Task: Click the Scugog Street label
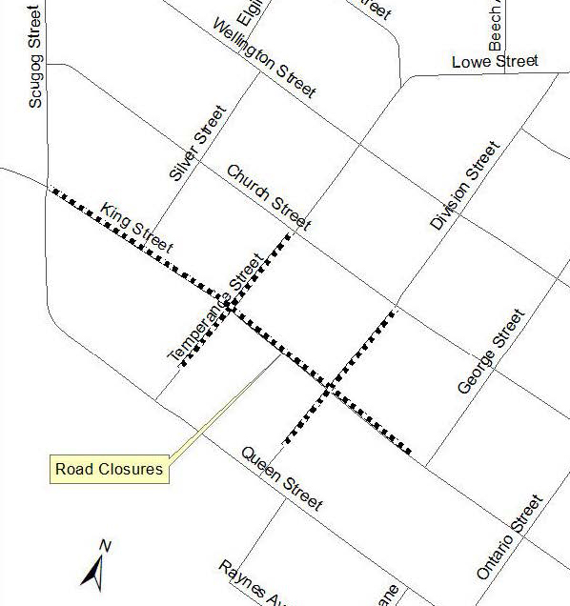coord(34,54)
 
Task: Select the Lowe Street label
coord(495,63)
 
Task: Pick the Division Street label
coord(464,186)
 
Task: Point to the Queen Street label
coord(281,478)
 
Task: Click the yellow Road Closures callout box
coord(109,469)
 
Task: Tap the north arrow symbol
coord(95,573)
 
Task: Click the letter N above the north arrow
coord(106,546)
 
